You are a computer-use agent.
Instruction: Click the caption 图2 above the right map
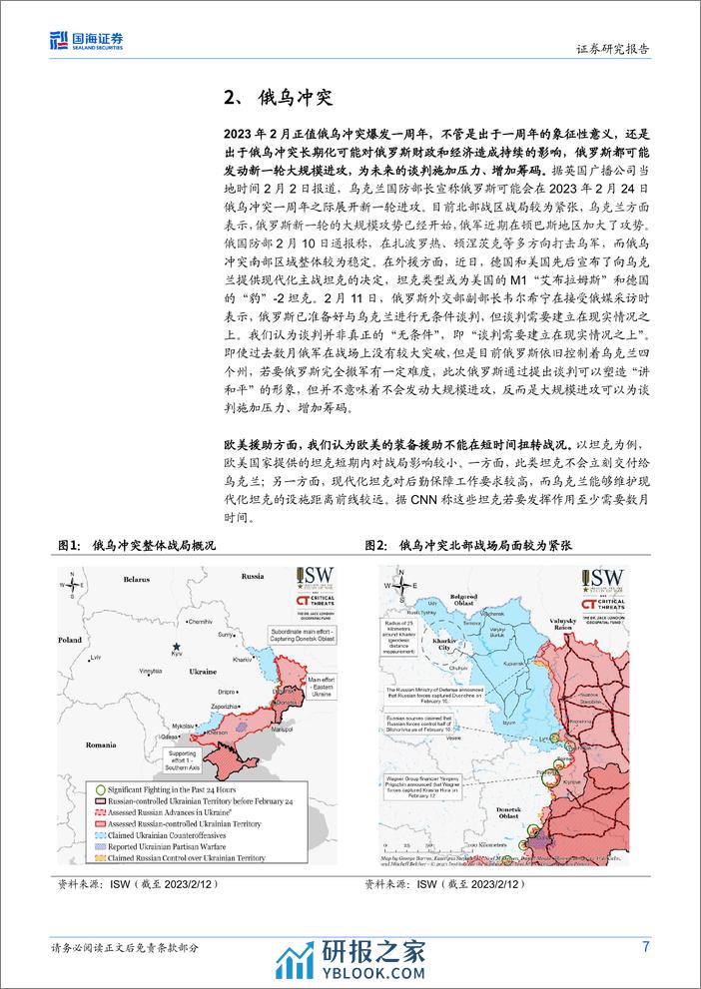pyautogui.click(x=375, y=546)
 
